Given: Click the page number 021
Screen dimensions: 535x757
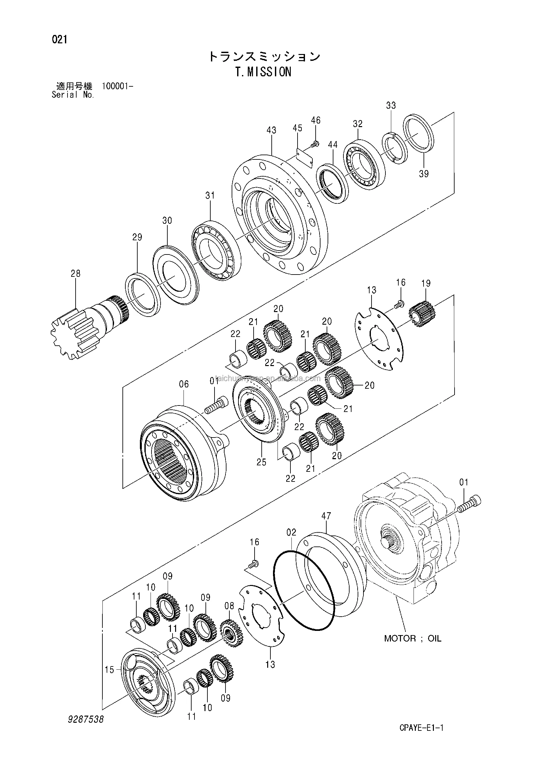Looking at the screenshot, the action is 59,39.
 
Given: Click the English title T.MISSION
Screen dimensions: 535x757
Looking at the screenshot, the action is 264,71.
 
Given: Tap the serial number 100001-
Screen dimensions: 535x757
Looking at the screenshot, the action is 118,87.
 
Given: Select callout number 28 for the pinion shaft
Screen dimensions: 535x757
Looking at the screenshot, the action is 76,273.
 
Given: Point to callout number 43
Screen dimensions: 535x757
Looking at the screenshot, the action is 271,130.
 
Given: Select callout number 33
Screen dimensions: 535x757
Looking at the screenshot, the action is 391,105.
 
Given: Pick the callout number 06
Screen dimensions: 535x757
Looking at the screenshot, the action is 184,384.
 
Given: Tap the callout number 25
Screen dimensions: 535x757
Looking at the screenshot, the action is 261,462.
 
